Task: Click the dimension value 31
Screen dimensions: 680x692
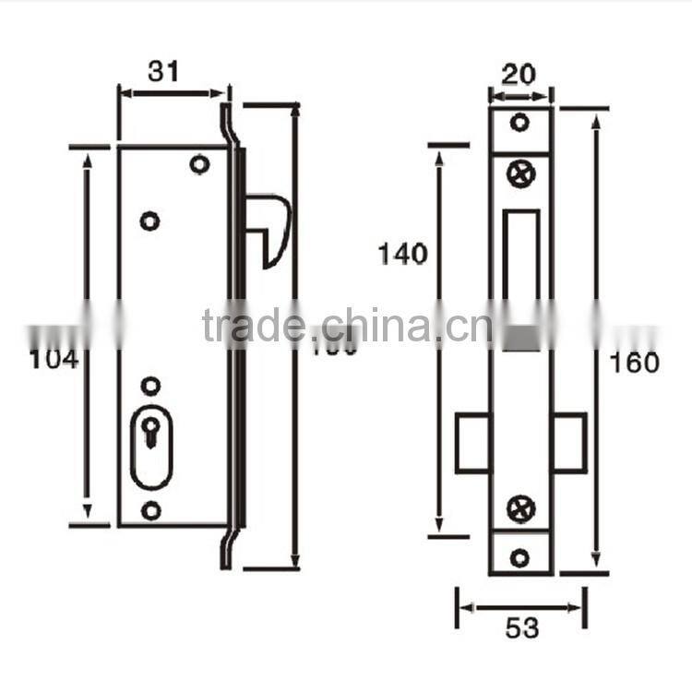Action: click(x=163, y=70)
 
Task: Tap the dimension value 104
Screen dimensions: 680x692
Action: click(x=54, y=359)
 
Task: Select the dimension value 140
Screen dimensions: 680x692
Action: click(x=402, y=254)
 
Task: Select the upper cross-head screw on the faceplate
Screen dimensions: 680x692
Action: click(x=520, y=173)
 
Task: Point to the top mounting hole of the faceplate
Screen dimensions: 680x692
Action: click(x=520, y=123)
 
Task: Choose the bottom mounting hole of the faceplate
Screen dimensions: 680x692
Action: click(x=520, y=556)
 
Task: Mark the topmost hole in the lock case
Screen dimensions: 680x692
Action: click(x=197, y=164)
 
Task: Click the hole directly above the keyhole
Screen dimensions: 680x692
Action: click(x=150, y=384)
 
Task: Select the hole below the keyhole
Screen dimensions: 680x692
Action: click(x=150, y=510)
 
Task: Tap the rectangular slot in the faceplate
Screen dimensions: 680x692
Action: click(x=521, y=277)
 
